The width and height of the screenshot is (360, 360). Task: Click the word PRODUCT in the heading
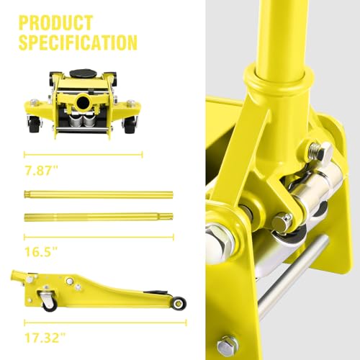[x=55, y=23]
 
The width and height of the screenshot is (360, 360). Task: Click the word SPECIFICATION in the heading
[x=78, y=42]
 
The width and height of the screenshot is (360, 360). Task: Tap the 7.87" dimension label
[x=42, y=171]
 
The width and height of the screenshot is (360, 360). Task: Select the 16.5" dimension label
[x=41, y=252]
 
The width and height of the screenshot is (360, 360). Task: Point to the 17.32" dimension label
[x=45, y=338]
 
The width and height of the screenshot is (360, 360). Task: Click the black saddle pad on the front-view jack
[x=83, y=73]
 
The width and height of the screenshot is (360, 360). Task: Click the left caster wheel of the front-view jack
[x=34, y=125]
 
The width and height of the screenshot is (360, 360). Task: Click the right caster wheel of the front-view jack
[x=130, y=125]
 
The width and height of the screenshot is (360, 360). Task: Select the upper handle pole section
[x=99, y=194]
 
